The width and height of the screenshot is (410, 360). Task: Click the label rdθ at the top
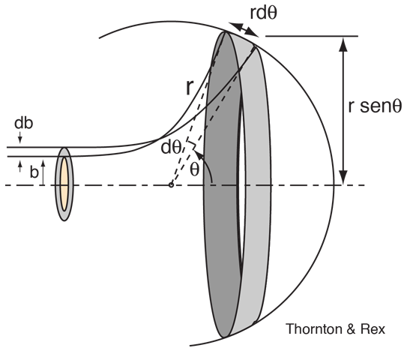click(263, 13)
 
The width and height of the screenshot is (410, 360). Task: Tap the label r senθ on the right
click(375, 106)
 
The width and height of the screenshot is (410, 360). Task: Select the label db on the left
click(23, 123)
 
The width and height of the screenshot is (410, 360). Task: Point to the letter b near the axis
click(34, 172)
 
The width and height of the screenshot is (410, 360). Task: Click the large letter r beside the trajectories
click(190, 88)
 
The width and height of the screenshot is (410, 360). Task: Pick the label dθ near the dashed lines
click(171, 148)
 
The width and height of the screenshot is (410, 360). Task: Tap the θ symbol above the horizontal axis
click(194, 169)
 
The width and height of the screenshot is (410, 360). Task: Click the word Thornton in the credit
click(314, 328)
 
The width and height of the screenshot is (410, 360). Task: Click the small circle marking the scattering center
click(171, 185)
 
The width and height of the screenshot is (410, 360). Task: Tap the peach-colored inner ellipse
click(64, 184)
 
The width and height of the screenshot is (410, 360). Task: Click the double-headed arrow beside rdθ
click(244, 29)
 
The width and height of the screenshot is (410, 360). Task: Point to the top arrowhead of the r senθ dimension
click(343, 43)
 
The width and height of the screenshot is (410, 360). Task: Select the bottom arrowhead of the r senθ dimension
click(343, 178)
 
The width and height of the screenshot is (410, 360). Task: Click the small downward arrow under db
click(20, 137)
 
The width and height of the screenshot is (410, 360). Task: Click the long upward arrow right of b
click(43, 173)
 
